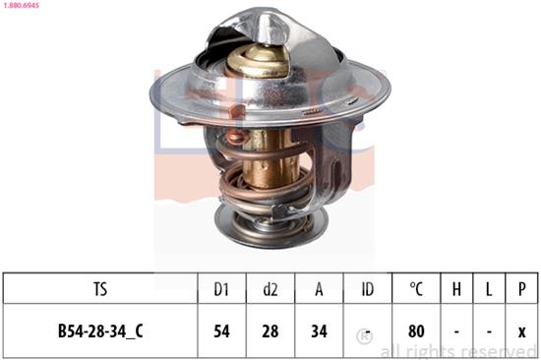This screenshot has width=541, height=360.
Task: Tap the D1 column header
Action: (x=222, y=289)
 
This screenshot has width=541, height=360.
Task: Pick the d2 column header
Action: (x=271, y=289)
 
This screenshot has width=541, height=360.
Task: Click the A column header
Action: (x=319, y=289)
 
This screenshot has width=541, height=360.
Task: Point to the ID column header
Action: (x=368, y=289)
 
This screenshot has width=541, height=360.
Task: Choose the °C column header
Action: (x=416, y=289)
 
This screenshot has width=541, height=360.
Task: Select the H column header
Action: (x=457, y=289)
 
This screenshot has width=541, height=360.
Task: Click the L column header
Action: (x=490, y=289)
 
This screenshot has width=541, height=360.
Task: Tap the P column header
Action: (x=521, y=289)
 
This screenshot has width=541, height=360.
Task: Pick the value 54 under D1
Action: (x=222, y=331)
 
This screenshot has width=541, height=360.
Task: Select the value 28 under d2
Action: (x=271, y=331)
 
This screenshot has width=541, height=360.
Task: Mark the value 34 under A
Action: (x=319, y=331)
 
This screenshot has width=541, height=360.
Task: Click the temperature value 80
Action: (x=416, y=331)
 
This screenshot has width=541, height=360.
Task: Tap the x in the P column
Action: (x=521, y=331)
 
